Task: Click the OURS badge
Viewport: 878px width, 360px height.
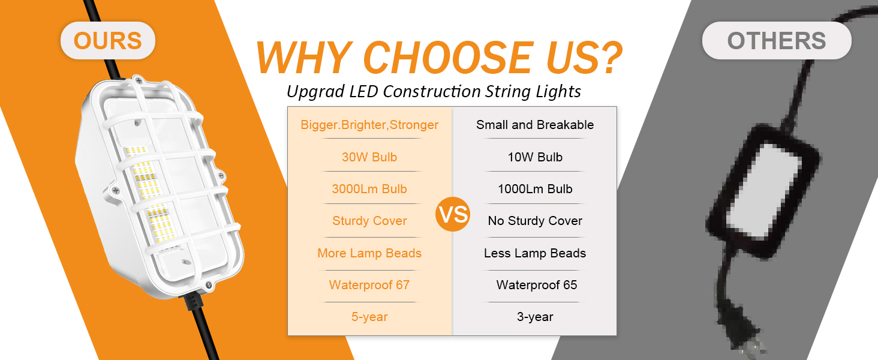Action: [107, 41]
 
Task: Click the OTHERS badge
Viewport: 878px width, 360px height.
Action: [777, 41]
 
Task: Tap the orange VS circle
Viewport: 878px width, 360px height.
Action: [453, 215]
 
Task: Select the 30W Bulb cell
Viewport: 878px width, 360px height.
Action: [369, 157]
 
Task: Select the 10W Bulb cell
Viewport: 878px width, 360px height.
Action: [535, 157]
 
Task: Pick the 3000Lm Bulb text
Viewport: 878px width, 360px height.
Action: [369, 189]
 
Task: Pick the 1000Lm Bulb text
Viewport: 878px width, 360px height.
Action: [535, 189]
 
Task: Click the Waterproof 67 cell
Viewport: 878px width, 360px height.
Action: [369, 285]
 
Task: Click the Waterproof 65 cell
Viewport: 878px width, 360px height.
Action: [536, 285]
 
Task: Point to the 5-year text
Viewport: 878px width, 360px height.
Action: [369, 317]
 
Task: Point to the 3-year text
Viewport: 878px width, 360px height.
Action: [535, 317]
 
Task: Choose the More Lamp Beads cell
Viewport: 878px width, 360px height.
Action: [369, 253]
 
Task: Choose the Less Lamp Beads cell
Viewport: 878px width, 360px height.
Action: [535, 253]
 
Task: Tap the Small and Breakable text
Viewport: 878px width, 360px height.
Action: [535, 125]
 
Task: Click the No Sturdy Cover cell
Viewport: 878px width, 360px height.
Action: [535, 221]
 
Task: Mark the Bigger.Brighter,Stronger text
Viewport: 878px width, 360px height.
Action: [369, 125]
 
